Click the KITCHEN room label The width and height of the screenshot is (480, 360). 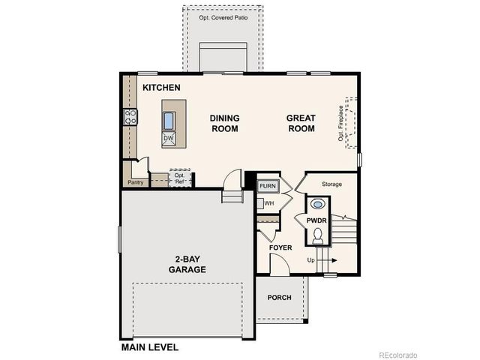coord(161,88)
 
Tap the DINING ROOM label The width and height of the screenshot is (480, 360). coord(223,123)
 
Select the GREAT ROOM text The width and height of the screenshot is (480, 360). coord(301,123)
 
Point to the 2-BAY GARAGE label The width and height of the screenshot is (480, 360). coord(187,264)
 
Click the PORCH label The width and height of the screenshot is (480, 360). coord(280,298)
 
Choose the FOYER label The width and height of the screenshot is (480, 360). coord(280,247)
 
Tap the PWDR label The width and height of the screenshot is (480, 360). coord(316,220)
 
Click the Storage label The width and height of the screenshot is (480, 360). coord(331,184)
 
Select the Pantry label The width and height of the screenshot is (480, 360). coord(136,182)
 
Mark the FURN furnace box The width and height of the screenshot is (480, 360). coord(268,186)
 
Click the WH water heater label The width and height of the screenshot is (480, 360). coord(268,202)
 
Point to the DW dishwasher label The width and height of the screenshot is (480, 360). coord(169,139)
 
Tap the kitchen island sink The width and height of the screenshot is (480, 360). coord(169,121)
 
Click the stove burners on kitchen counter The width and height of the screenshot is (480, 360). coord(130,116)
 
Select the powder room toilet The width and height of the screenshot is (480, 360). coord(317,237)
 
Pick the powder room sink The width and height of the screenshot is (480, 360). coord(317,203)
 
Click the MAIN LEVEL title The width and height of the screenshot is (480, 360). coord(150,348)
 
